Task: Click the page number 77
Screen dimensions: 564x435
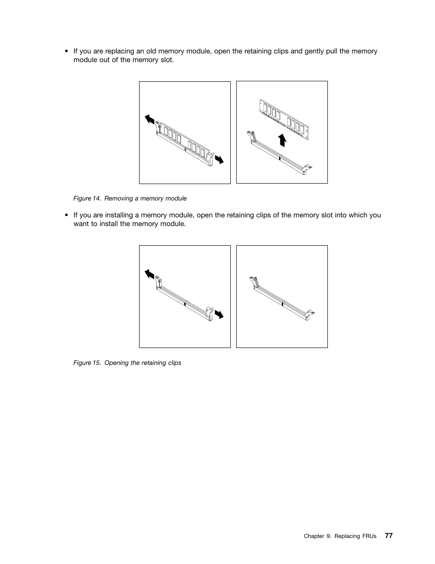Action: click(x=388, y=536)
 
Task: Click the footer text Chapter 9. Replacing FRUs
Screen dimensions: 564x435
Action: click(x=340, y=536)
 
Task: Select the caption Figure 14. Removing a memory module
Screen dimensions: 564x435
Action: click(x=130, y=198)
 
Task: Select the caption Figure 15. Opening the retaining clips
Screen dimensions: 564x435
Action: click(x=127, y=363)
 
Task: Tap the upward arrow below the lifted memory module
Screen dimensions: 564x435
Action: click(x=282, y=140)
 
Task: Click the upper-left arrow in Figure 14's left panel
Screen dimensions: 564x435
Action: click(x=150, y=120)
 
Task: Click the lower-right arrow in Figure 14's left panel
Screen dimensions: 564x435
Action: click(x=219, y=159)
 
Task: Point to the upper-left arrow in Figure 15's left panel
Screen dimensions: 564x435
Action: click(x=150, y=274)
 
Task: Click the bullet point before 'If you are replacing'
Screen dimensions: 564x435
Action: click(x=67, y=51)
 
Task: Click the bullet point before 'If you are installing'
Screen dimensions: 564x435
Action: click(x=67, y=215)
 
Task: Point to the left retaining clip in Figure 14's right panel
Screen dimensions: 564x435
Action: click(x=250, y=137)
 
